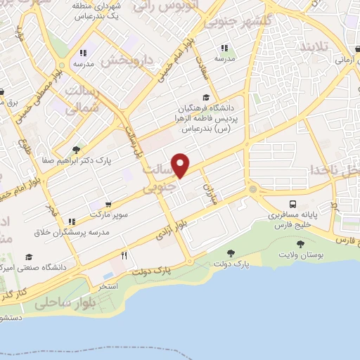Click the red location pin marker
(x=181, y=165)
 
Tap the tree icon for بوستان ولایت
(x=301, y=244)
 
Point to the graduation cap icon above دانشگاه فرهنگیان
(x=205, y=98)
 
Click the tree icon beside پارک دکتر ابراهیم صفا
(x=76, y=149)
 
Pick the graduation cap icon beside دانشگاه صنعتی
(x=29, y=257)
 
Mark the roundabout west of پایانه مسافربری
(x=252, y=188)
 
